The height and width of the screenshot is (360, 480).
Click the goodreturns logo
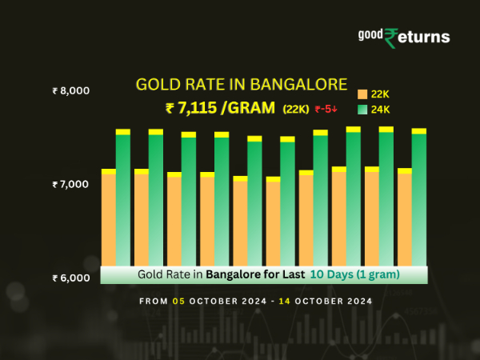(x=403, y=37)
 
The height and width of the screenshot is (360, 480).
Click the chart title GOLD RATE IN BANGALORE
(x=242, y=84)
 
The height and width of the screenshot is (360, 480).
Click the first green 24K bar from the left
(x=123, y=200)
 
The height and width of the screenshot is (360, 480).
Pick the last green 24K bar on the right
(x=419, y=200)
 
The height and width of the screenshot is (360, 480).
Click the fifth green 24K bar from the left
(x=254, y=204)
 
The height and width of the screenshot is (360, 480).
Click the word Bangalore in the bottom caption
(x=232, y=274)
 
